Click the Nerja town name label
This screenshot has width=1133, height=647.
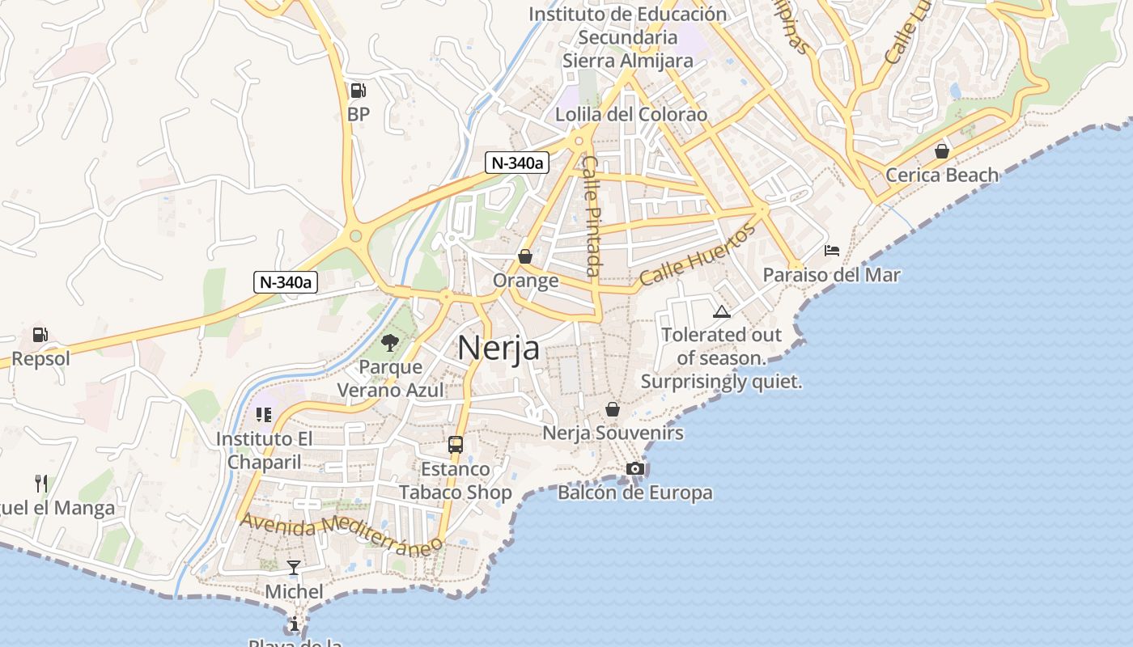(x=499, y=348)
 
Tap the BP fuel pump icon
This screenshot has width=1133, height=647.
(x=358, y=91)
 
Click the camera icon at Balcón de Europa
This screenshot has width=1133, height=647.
(x=635, y=469)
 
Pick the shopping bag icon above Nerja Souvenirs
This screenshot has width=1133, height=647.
(x=613, y=409)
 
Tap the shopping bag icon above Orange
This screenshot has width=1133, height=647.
(x=525, y=256)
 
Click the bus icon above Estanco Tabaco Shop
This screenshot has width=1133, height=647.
(x=456, y=445)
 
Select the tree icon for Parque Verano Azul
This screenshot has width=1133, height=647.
(x=390, y=343)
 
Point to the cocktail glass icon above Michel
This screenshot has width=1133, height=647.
(x=294, y=568)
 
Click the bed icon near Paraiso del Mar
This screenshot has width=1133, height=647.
(x=832, y=251)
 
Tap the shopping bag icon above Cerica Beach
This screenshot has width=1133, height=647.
(x=941, y=151)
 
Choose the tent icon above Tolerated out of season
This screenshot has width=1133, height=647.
(x=721, y=312)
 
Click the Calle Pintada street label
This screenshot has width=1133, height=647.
(x=592, y=216)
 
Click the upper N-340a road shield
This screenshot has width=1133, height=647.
(x=517, y=163)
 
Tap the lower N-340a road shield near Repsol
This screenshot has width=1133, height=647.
(x=285, y=282)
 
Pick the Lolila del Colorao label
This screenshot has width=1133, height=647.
(x=631, y=115)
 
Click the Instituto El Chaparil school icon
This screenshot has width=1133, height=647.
(x=263, y=415)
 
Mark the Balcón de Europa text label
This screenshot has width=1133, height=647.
(x=635, y=493)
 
